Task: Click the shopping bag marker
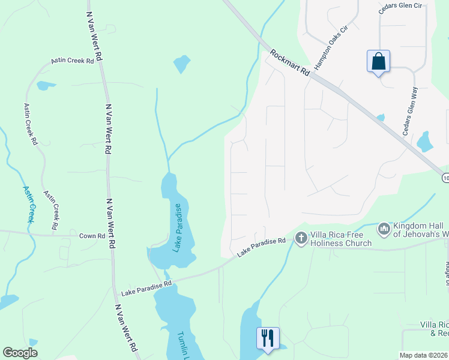(378, 62)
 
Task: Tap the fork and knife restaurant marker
(268, 337)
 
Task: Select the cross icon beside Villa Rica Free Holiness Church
(301, 239)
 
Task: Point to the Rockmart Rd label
(289, 62)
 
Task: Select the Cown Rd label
(92, 236)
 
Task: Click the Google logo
(20, 352)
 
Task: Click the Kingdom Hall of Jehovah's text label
(421, 229)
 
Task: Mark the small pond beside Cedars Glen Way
(425, 142)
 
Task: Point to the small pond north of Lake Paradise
(181, 64)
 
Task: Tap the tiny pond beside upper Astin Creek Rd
(43, 86)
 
